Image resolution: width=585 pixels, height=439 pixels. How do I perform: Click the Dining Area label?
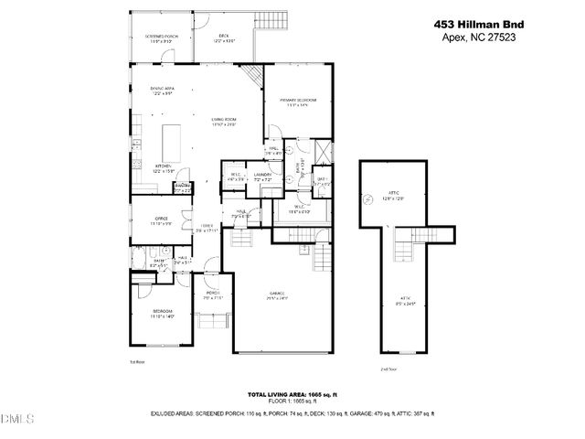pyautogui.click(x=164, y=89)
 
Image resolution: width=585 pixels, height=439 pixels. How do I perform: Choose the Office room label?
pyautogui.click(x=161, y=220)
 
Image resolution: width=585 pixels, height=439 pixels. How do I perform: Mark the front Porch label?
pyautogui.click(x=213, y=294)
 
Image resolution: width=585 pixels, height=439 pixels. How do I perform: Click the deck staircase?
pyautogui.click(x=270, y=24)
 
